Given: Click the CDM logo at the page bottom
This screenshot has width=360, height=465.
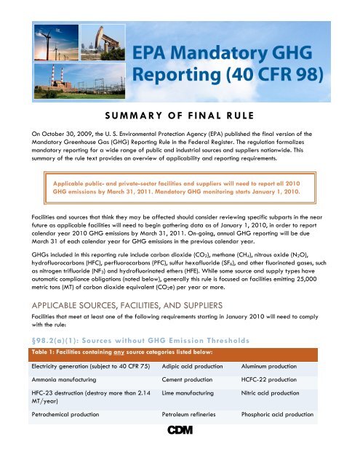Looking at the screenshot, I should [x=180, y=455].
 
